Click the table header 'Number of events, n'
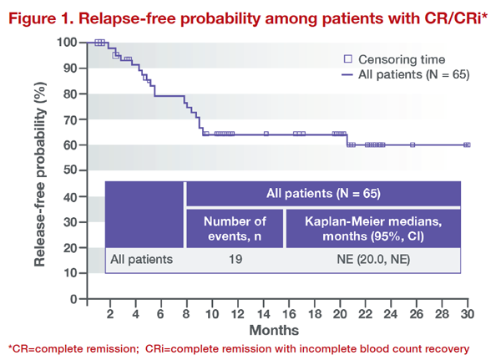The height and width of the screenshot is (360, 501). pyautogui.click(x=235, y=228)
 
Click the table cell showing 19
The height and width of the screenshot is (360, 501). pyautogui.click(x=235, y=259)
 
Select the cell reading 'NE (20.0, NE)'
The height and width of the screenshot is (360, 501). pyautogui.click(x=372, y=259)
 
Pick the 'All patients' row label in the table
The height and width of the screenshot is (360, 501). pyautogui.click(x=142, y=259)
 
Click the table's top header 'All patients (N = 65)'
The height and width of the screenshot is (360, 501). pyautogui.click(x=322, y=194)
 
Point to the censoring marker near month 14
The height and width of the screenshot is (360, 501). pyautogui.click(x=266, y=134)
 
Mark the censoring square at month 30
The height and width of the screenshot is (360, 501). pyautogui.click(x=467, y=145)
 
